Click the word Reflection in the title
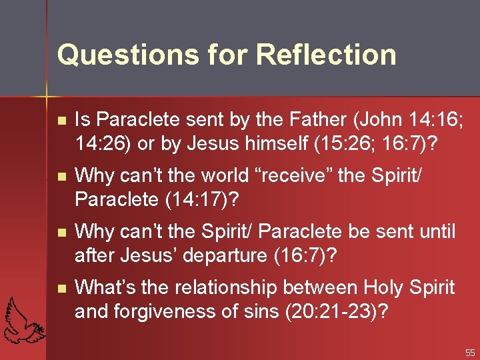327,55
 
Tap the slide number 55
470,352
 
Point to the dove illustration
25,319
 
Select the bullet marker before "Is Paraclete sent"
61,121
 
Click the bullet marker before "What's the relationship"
61,289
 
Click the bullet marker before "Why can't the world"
61,177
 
